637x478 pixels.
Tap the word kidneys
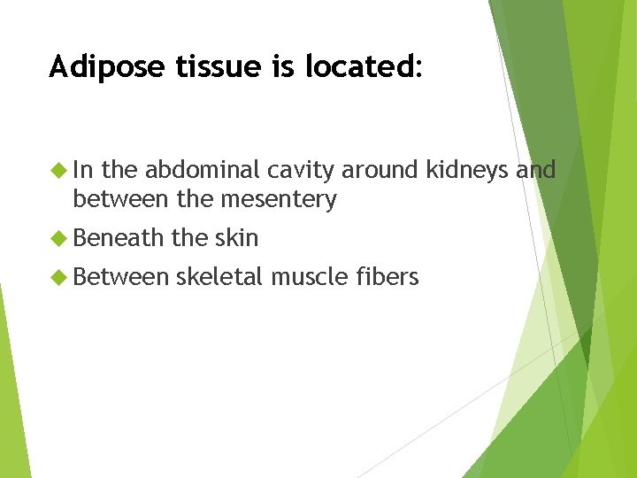[x=470, y=169]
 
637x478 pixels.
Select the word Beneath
[x=119, y=238]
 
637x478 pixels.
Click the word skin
[x=236, y=238]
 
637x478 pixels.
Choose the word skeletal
[x=219, y=277]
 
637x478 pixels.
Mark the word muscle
[x=311, y=277]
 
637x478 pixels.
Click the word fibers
[x=389, y=277]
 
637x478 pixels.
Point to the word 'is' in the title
[x=263, y=67]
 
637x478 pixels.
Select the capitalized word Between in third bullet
[x=120, y=277]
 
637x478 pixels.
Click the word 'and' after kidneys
[x=537, y=169]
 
